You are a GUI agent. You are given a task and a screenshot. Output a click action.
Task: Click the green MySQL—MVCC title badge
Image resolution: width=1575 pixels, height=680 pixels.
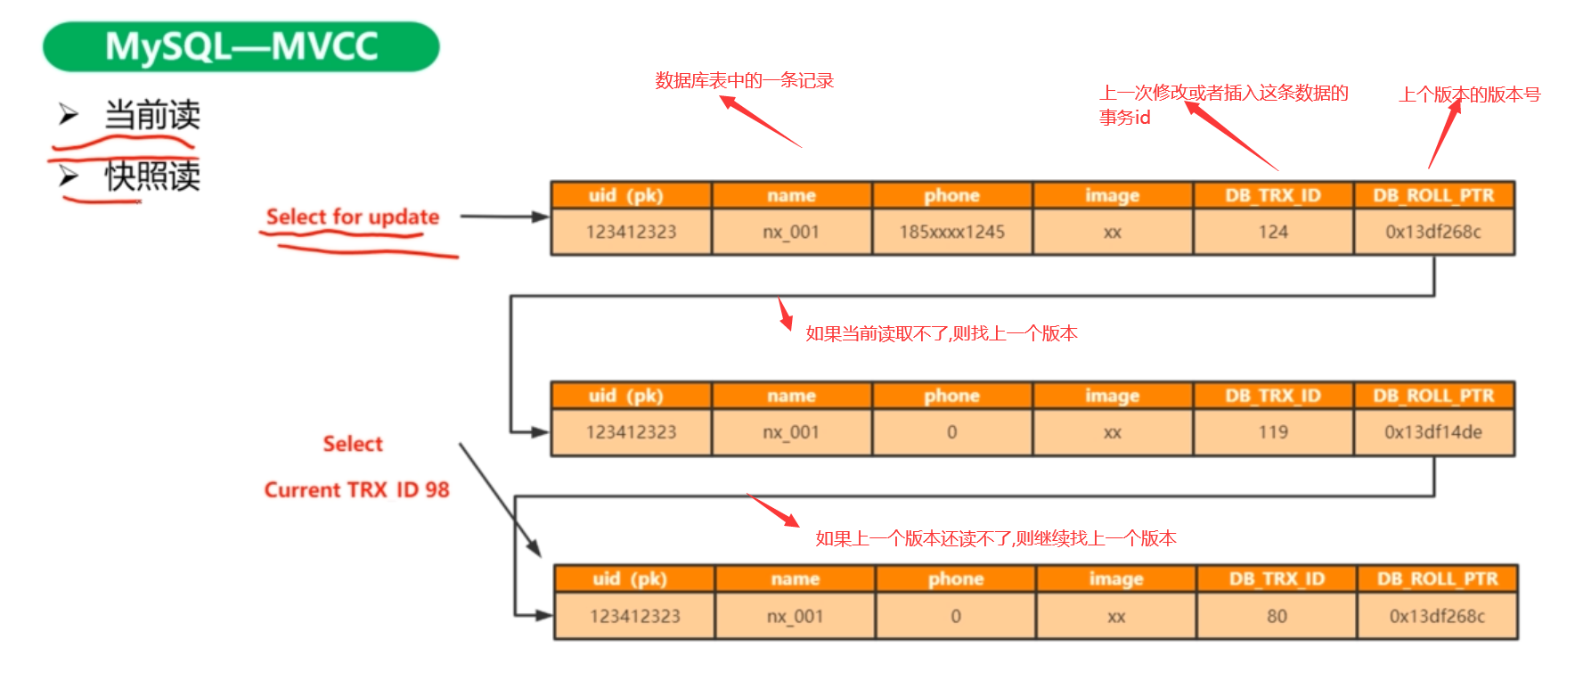[241, 46]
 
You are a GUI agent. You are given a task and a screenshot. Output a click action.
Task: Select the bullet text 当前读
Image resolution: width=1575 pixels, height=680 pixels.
[151, 115]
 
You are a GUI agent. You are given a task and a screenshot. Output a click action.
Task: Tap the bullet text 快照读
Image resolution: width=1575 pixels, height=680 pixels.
[151, 176]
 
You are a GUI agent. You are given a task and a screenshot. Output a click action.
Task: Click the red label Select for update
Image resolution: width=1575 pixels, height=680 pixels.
[353, 217]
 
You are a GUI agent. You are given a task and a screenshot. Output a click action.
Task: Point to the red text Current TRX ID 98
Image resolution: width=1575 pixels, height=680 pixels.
[356, 489]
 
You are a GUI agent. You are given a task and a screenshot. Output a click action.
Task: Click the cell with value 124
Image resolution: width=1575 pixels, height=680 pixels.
[1273, 232]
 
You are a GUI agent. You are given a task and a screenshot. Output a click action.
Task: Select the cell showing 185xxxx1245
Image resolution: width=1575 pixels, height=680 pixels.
[951, 232]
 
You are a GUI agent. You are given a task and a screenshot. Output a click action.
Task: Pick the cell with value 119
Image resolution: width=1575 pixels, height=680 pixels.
[1273, 432]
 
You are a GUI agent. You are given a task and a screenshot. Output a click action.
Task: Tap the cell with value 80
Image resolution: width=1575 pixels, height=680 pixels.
[1277, 616]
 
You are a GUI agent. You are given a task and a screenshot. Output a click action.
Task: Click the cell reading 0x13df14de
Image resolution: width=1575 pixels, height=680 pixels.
[1433, 432]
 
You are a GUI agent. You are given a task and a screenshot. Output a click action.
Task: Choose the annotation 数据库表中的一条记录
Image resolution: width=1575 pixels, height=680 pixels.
[744, 80]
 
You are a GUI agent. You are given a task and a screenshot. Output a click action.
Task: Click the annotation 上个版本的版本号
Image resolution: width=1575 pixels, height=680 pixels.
[1469, 94]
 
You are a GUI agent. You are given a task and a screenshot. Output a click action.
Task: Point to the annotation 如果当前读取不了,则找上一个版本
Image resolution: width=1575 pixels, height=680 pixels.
[942, 333]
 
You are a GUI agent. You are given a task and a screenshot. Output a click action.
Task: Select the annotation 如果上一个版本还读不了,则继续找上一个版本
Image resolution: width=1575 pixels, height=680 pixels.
[996, 538]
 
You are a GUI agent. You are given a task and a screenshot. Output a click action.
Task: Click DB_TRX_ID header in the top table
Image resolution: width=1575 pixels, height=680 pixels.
[1273, 195]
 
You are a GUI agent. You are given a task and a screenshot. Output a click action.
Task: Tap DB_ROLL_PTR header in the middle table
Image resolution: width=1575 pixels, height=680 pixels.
[1433, 396]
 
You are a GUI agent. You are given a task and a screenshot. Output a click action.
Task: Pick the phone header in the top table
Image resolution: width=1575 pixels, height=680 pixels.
[951, 195]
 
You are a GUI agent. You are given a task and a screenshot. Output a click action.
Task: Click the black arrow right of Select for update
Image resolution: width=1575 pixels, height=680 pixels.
[503, 217]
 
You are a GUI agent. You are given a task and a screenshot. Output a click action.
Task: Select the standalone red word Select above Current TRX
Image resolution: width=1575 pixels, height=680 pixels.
[353, 444]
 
